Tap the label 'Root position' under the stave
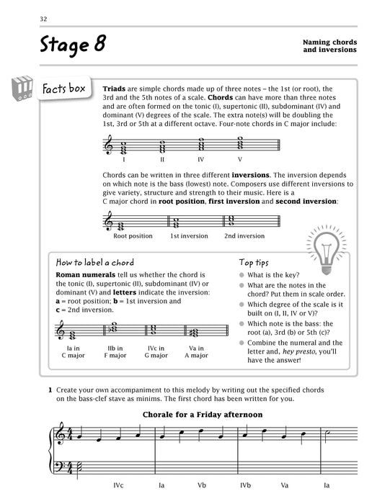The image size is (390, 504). [133, 235]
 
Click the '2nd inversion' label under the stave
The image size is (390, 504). [244, 235]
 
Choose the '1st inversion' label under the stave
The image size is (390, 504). [188, 235]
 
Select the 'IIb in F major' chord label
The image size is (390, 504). [115, 351]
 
